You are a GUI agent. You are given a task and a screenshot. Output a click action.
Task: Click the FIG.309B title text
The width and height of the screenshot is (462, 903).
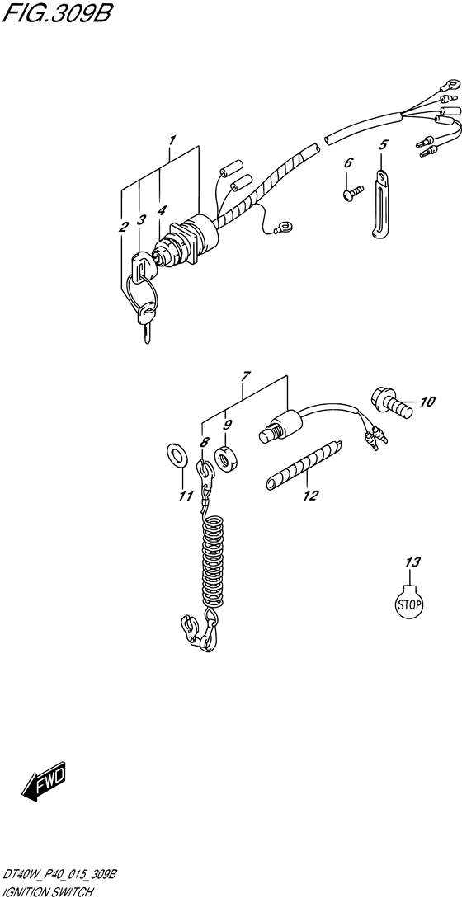point(56,12)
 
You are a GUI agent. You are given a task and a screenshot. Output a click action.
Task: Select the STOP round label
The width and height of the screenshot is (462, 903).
point(409,603)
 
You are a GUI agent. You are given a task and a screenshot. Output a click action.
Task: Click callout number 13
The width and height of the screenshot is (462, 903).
point(413,562)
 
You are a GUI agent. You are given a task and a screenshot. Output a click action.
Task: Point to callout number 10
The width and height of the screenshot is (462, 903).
point(427,402)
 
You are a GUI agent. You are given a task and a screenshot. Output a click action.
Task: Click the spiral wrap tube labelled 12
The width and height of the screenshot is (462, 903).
point(303,465)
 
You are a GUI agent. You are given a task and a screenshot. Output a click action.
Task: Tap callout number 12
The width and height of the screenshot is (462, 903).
point(310,496)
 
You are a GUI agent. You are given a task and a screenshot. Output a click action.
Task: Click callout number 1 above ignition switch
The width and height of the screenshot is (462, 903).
point(172,139)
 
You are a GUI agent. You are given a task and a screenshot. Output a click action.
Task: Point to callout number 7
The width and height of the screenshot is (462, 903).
point(245,377)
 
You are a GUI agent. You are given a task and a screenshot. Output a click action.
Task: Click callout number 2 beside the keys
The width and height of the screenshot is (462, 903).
point(123,228)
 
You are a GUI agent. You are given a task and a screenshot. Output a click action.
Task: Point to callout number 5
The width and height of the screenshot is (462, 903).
point(383,144)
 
